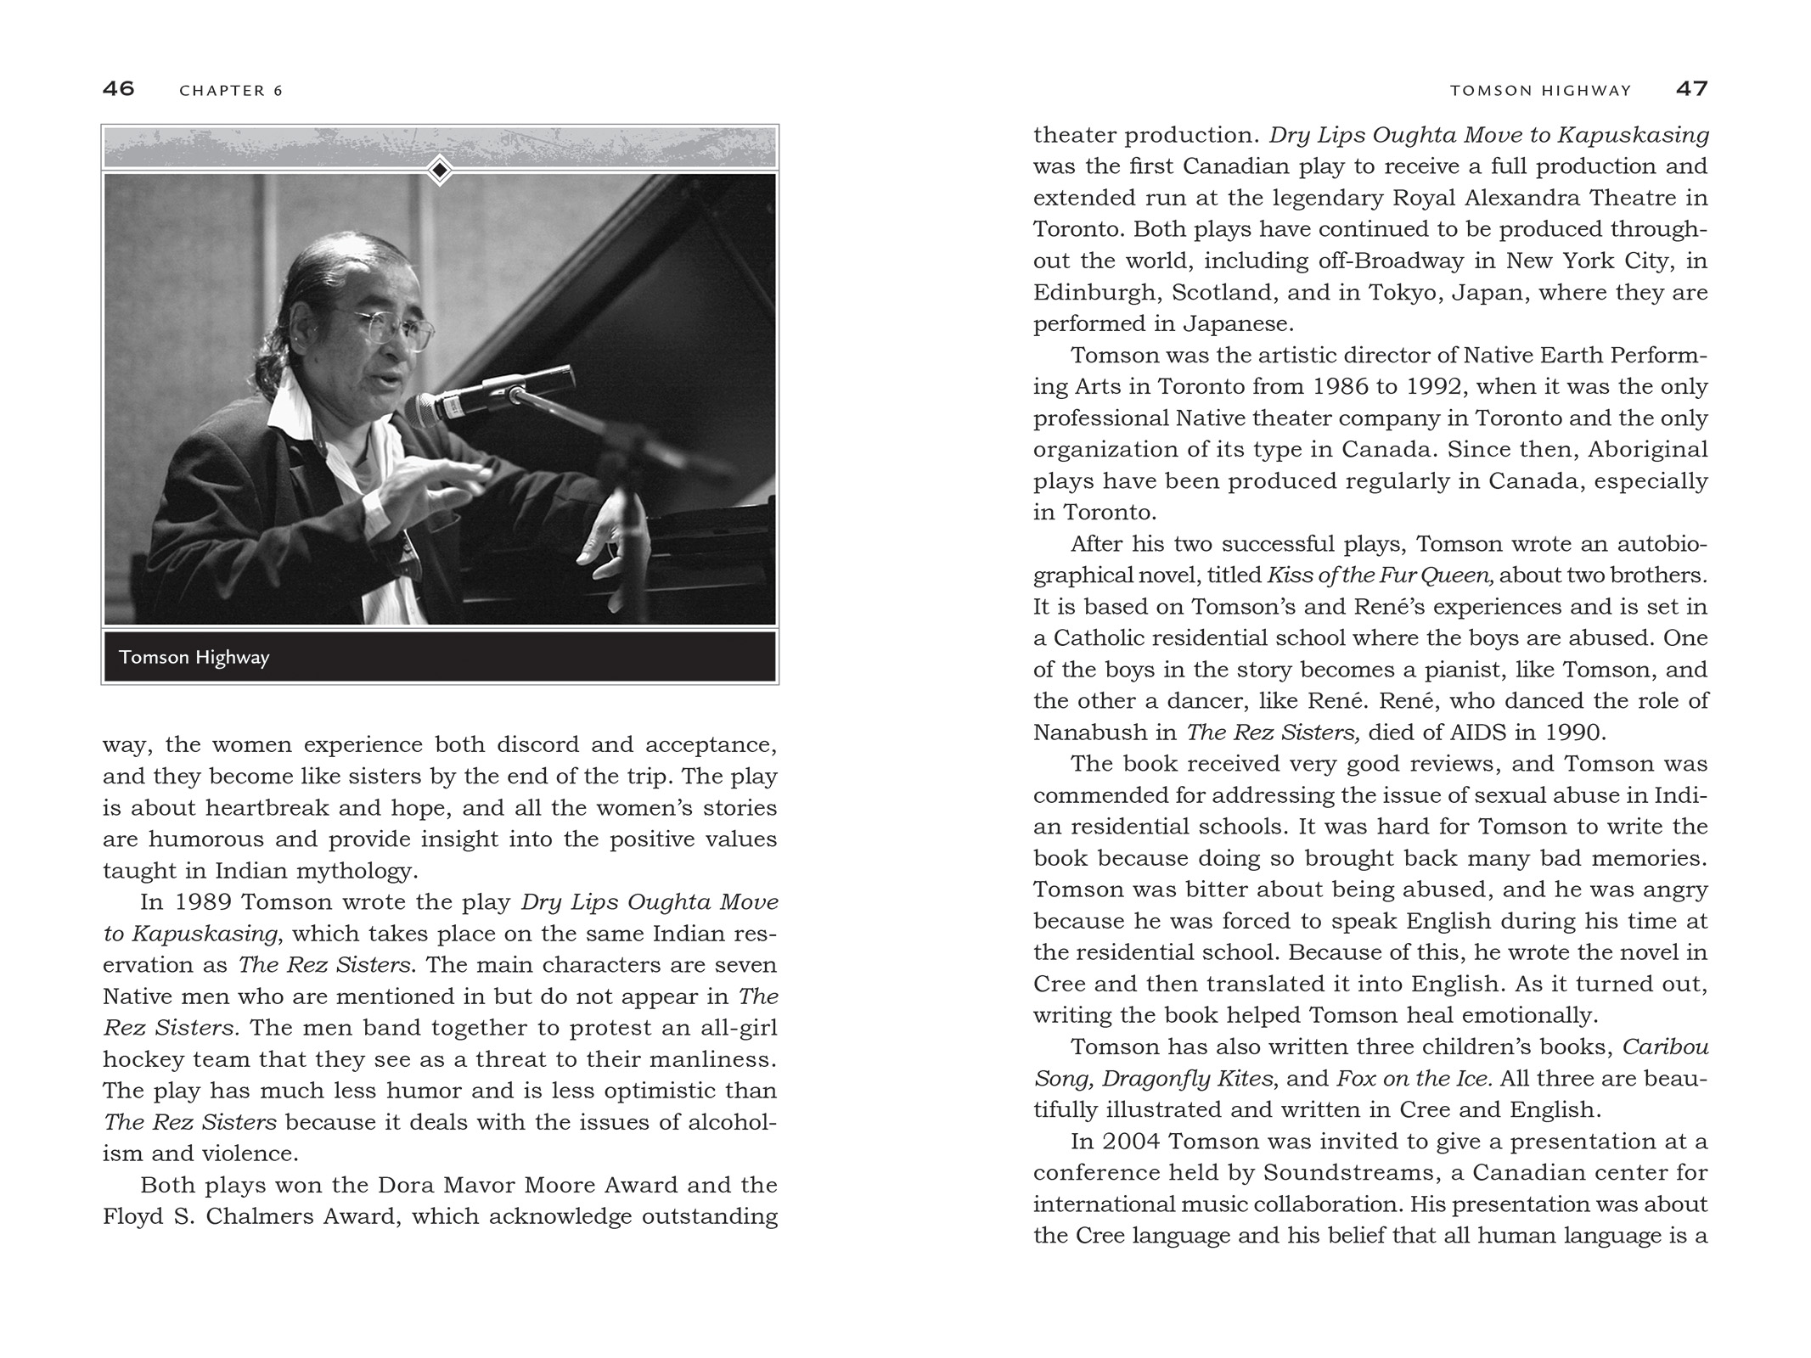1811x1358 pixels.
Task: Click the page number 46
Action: (x=119, y=89)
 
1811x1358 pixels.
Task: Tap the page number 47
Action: (x=1691, y=89)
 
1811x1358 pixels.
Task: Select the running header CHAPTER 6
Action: (x=231, y=91)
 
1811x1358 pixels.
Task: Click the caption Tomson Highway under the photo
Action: (x=194, y=658)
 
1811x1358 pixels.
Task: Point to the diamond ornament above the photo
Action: (x=439, y=171)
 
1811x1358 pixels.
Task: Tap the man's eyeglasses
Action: (x=392, y=327)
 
